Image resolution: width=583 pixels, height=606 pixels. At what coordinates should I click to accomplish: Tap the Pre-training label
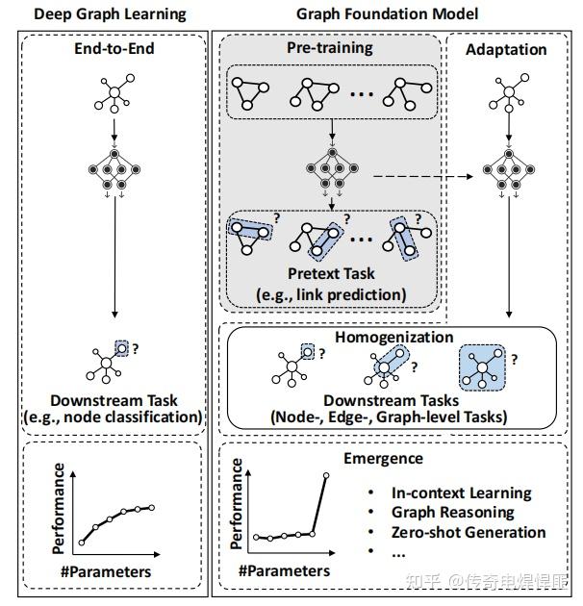pos(331,47)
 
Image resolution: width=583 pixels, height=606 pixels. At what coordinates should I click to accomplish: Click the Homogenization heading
pos(393,338)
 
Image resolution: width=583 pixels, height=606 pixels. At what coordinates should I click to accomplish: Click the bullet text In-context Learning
pos(461,492)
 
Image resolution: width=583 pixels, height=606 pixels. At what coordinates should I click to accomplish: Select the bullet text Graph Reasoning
pos(452,513)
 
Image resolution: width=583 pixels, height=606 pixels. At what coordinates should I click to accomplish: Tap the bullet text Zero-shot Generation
pos(469,533)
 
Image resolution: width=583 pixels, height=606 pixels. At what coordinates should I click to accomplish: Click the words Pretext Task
pos(331,275)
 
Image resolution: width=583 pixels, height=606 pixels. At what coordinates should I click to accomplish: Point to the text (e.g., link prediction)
pos(331,293)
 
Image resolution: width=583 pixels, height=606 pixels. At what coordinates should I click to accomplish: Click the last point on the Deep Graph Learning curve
pos(151,507)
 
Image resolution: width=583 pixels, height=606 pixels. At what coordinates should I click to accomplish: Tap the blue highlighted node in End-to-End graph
pos(120,349)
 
